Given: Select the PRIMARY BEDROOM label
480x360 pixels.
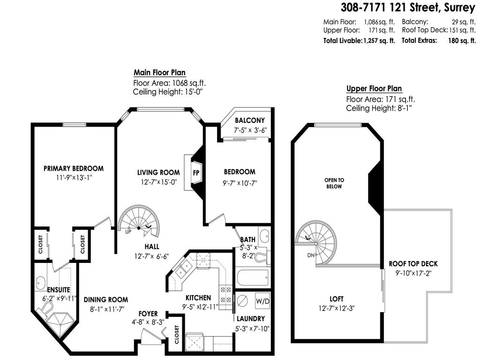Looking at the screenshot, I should pyautogui.click(x=74, y=168).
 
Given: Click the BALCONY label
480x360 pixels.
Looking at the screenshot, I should pyautogui.click(x=250, y=120).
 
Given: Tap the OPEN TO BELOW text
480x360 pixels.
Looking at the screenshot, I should pyautogui.click(x=334, y=183).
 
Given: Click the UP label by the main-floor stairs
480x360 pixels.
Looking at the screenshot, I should pyautogui.click(x=127, y=231).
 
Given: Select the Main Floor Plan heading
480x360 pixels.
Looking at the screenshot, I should pyautogui.click(x=160, y=73).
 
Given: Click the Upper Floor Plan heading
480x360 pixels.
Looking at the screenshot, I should pyautogui.click(x=374, y=89).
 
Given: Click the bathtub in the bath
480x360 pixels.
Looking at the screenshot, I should pyautogui.click(x=254, y=277).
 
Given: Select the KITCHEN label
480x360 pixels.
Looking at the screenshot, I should pyautogui.click(x=198, y=298).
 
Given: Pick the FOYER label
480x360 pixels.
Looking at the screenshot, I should pyautogui.click(x=148, y=313).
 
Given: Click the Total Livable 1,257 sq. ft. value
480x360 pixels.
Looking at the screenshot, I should pyautogui.click(x=379, y=41).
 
